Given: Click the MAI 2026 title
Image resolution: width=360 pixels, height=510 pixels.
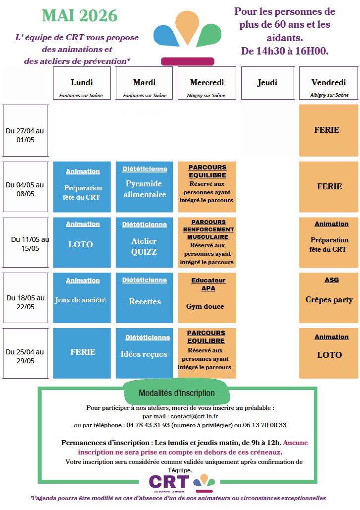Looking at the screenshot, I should tap(80, 16).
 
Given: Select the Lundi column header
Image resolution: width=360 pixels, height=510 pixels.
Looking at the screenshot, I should tap(82, 83).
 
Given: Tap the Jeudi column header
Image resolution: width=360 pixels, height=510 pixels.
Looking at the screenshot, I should tap(267, 83).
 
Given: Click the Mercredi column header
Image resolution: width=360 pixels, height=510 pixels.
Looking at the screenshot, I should tap(206, 83).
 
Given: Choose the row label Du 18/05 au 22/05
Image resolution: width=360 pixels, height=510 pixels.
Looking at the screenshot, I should tap(25, 302).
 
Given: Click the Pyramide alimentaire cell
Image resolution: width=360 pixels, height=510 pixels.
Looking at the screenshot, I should tap(145, 189).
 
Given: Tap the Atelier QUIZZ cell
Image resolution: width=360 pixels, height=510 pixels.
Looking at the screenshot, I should tap(144, 246).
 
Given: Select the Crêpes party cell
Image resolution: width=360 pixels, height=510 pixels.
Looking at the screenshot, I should tap(329, 299).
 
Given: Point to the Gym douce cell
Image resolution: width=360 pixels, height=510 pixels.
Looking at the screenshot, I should tap(205, 306).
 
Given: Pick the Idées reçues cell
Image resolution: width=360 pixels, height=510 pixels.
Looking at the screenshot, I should tap(144, 354).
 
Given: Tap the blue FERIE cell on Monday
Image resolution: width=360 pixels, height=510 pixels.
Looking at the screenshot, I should tap(82, 352).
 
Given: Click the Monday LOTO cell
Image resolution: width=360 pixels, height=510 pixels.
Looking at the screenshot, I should tap(81, 244).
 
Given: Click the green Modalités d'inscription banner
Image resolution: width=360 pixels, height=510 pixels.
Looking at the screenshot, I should tap(177, 393).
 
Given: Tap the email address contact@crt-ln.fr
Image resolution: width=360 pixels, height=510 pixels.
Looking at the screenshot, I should tap(190, 416).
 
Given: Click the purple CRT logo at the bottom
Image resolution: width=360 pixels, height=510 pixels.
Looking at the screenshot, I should tap(169, 481).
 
